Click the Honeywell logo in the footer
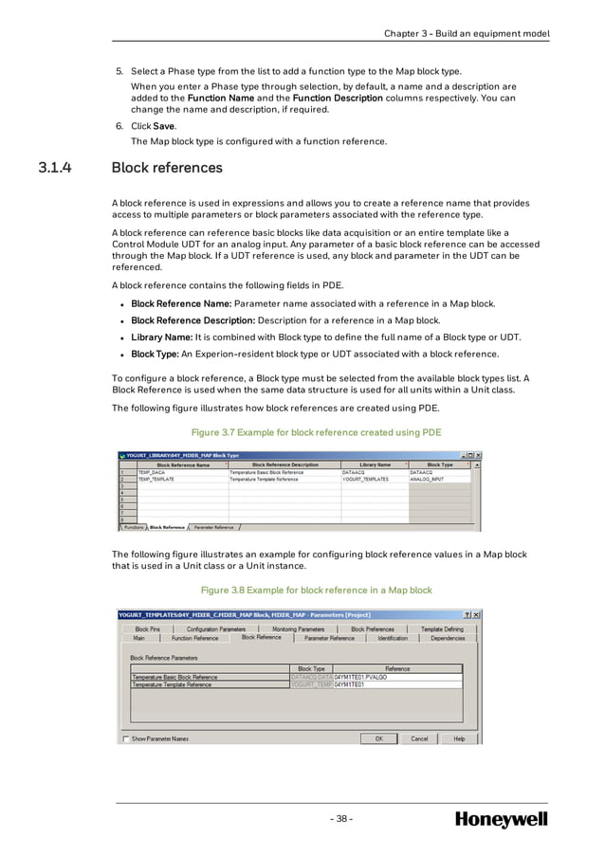501,819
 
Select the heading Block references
167,168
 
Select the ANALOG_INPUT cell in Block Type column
428,480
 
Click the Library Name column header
375,465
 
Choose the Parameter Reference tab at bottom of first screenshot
213,527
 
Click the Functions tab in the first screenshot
134,527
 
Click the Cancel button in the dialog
419,738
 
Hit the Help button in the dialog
459,738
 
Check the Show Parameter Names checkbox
126,738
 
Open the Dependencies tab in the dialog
448,638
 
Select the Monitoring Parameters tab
298,628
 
